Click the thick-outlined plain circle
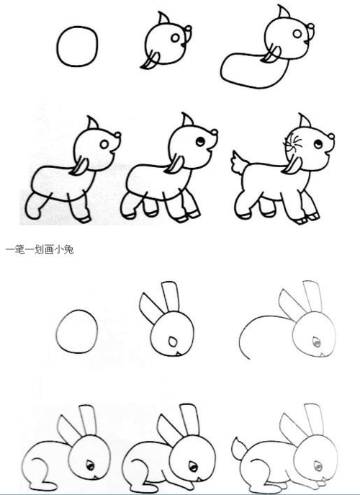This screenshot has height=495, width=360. tap(76, 46)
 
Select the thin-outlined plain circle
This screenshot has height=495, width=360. tap(76, 332)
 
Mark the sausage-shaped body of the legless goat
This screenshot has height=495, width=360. tap(245, 69)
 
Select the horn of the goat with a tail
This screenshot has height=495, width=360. tap(305, 120)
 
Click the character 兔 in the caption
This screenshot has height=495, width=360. tap(68, 250)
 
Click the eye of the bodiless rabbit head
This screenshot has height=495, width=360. tap(172, 340)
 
